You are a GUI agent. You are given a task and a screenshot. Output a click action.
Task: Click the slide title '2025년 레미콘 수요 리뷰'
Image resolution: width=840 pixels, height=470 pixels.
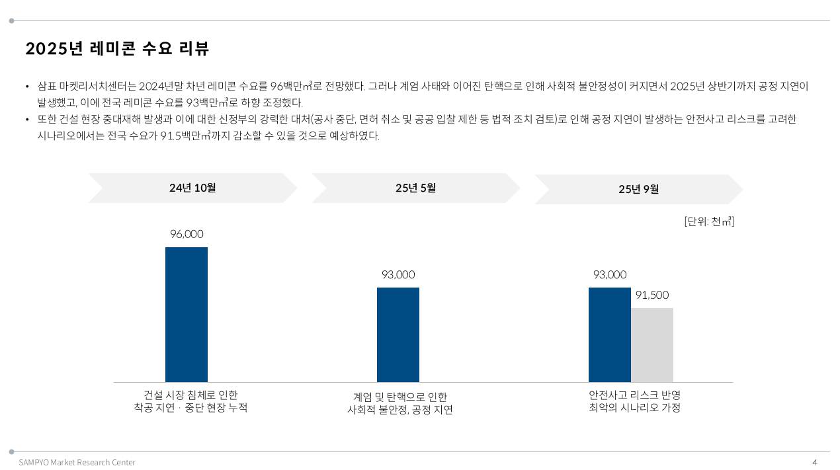117,48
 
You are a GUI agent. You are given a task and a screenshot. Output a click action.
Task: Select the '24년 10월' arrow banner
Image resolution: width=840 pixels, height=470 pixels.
192,188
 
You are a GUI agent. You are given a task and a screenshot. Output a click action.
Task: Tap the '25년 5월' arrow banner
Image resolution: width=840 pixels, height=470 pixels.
415,188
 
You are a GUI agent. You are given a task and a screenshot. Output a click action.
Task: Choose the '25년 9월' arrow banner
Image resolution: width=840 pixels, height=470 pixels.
638,189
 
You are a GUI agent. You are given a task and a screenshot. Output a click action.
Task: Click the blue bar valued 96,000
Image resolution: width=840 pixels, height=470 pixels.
187,315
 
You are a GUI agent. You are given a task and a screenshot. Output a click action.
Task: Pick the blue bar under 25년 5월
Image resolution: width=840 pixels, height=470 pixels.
398,334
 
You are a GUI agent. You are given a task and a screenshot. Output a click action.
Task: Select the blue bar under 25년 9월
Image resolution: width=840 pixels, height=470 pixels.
609,334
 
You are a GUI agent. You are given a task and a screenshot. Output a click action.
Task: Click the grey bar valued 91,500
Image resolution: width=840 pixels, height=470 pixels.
652,344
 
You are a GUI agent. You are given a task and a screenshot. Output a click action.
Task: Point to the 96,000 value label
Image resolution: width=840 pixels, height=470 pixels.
187,234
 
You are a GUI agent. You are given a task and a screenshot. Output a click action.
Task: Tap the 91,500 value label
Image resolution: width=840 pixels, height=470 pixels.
652,295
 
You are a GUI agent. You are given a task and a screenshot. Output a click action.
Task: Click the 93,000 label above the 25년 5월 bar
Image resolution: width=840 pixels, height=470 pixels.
398,274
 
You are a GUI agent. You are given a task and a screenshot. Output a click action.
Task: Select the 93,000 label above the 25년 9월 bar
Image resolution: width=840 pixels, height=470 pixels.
609,274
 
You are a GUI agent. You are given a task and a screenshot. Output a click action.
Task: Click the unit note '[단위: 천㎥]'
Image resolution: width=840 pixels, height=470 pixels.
709,221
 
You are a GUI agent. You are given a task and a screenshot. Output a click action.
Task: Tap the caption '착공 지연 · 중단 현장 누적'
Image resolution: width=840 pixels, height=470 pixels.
190,408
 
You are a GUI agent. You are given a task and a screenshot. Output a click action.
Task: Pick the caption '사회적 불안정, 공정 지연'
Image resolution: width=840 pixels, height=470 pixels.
400,410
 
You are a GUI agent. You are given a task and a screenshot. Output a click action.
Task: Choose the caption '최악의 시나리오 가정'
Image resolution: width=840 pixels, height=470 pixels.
634,408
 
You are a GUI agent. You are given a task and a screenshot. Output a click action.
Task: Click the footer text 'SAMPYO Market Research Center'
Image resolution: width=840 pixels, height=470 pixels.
77,462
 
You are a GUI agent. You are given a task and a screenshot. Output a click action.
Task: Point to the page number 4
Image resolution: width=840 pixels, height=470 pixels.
815,462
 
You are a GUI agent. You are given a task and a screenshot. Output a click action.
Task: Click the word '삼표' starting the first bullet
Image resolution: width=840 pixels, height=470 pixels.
46,86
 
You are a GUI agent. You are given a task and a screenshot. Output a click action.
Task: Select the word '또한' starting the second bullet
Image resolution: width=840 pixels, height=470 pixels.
46,119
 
